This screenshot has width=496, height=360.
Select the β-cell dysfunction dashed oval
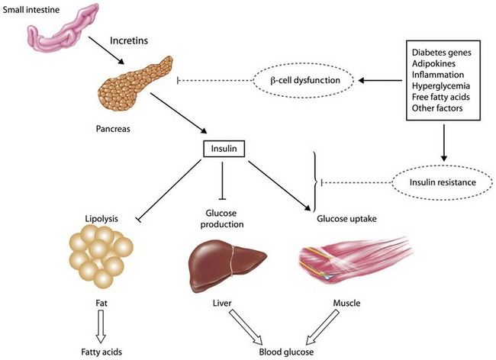coord(303,79)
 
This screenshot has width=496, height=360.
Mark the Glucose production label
coord(222,220)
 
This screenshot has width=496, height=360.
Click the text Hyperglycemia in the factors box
coord(441,87)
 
